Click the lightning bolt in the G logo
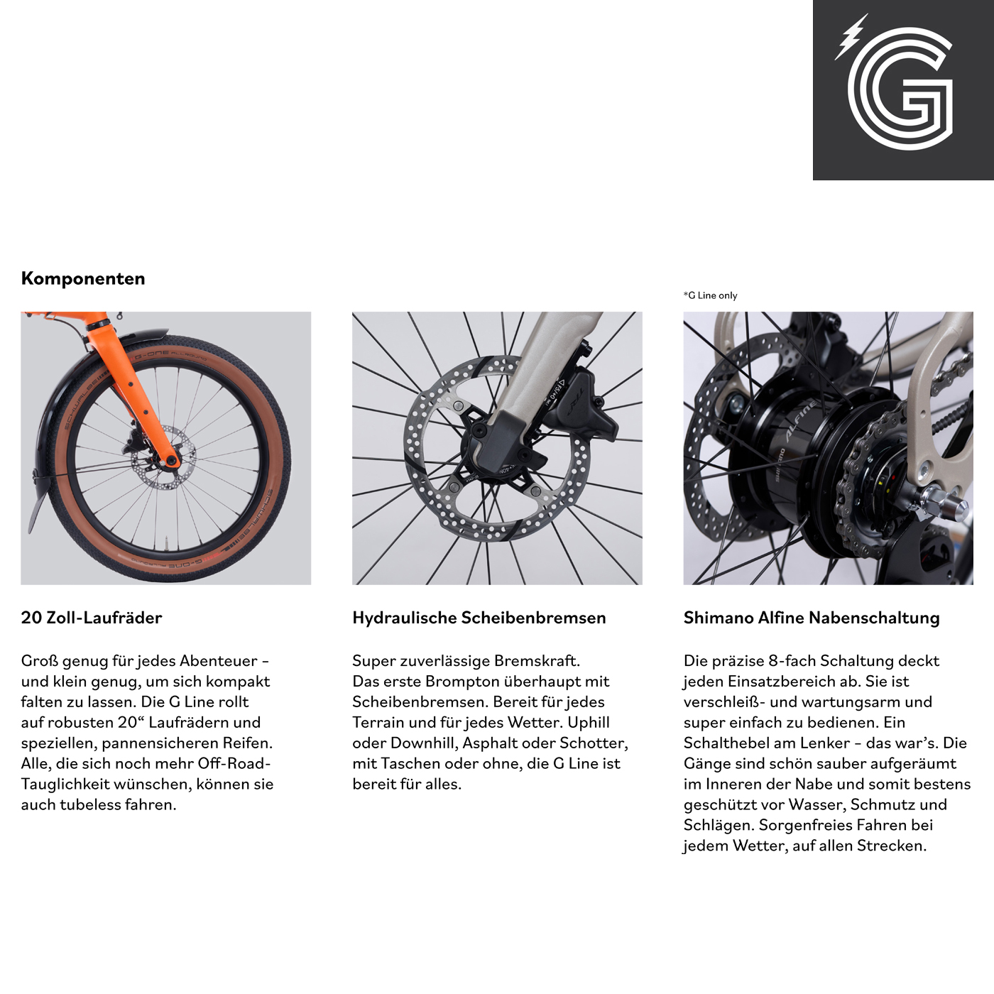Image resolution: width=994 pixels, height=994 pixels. click(849, 37)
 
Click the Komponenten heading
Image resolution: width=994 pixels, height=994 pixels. click(83, 278)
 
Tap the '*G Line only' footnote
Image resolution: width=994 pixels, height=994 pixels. click(710, 295)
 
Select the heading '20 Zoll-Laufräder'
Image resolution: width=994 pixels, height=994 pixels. click(92, 618)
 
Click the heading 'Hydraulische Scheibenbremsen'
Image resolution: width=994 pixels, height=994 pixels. click(479, 618)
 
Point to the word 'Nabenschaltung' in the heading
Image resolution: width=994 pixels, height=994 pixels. click(874, 618)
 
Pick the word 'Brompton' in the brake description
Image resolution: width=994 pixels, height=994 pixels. click(461, 682)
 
